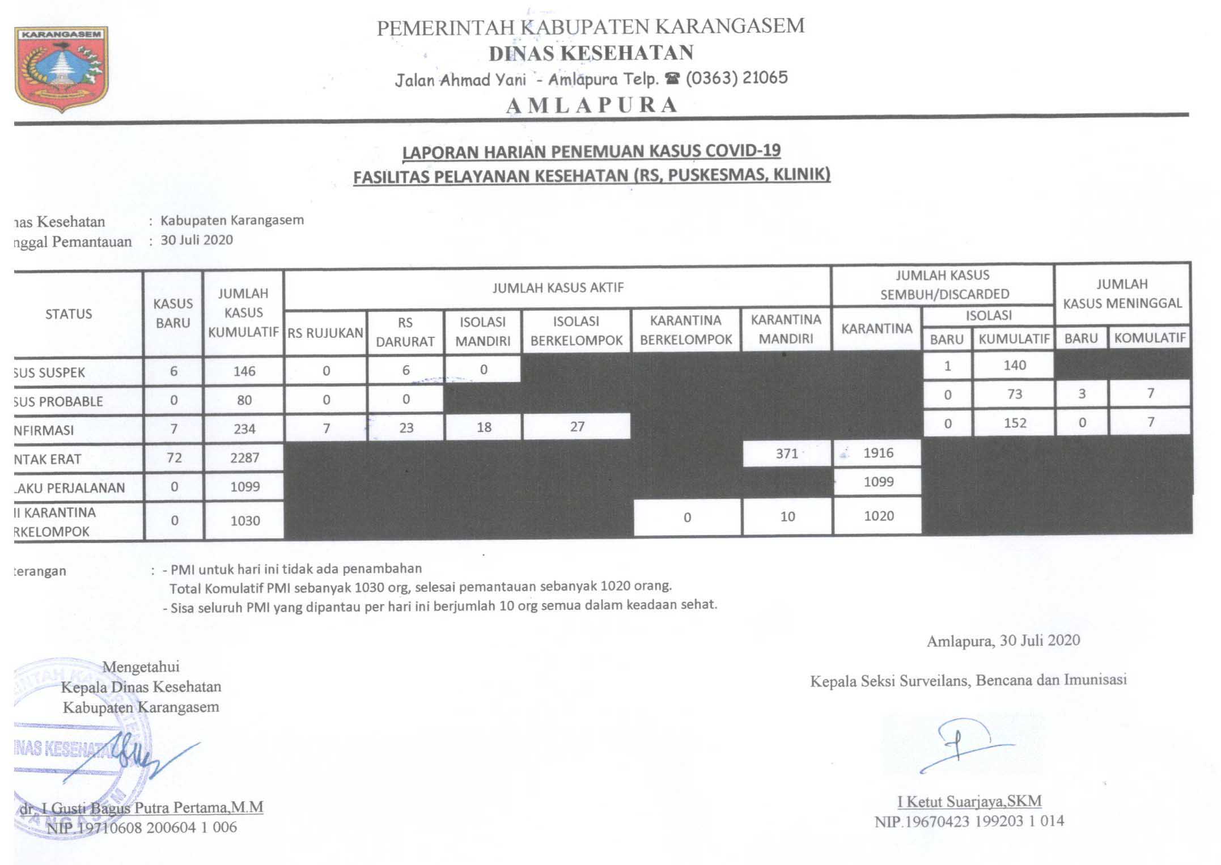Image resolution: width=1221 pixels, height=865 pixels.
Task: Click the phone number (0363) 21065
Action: (x=736, y=78)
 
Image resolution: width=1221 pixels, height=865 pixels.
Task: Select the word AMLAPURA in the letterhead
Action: (x=591, y=105)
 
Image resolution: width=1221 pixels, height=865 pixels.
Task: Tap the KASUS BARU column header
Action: (x=173, y=313)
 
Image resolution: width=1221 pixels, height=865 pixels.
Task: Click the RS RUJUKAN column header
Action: (x=325, y=333)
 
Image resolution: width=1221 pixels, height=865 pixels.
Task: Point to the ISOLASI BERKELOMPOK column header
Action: (x=576, y=330)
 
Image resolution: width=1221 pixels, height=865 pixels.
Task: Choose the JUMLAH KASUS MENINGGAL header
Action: (x=1122, y=294)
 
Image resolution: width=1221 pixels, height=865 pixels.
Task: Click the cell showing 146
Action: (x=244, y=371)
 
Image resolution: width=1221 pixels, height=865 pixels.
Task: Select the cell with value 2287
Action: (x=244, y=457)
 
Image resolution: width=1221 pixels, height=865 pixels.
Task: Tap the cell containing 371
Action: (x=786, y=453)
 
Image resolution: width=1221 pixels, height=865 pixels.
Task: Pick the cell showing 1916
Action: (x=878, y=453)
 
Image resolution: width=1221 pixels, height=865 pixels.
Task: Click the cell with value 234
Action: (x=244, y=429)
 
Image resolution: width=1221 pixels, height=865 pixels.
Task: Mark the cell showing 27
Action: (x=577, y=427)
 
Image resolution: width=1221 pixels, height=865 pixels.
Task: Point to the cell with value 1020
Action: (x=879, y=516)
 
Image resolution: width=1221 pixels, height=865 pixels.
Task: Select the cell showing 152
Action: (x=1015, y=423)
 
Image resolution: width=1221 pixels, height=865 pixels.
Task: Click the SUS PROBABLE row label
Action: (x=58, y=401)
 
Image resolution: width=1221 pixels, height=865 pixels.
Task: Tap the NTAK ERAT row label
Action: (x=48, y=459)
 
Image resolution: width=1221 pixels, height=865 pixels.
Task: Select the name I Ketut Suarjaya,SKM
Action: (x=969, y=802)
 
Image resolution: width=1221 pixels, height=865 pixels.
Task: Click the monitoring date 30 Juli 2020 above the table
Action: (x=197, y=240)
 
